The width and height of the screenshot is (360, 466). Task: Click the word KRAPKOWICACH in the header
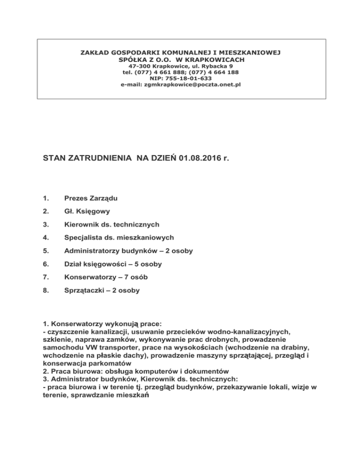217,60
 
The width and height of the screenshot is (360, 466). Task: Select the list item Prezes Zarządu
91,199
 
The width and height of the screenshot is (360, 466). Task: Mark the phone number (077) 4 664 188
208,73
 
